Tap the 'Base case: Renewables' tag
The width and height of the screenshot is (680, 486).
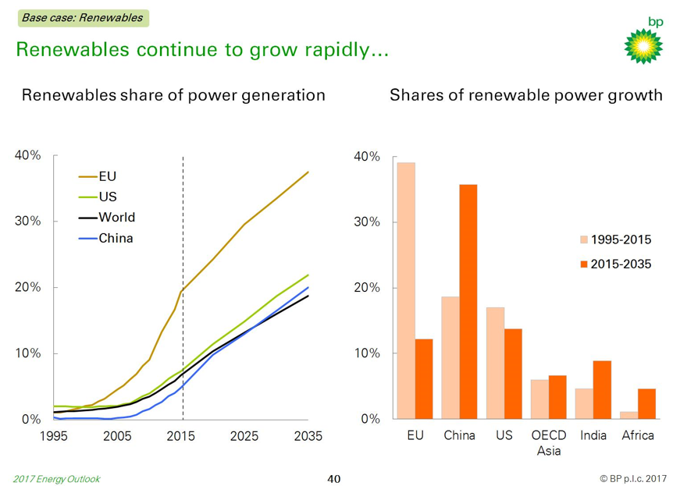pos(83,17)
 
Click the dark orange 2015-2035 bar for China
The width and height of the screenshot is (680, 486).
pos(468,301)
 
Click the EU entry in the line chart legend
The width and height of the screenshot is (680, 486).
pos(107,176)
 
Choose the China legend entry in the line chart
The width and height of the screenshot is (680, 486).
pos(115,238)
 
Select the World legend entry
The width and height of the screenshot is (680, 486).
pos(116,218)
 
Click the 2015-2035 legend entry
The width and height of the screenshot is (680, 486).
pos(620,264)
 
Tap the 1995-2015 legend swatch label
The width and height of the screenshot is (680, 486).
pos(620,239)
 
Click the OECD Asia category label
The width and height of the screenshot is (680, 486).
pos(549,442)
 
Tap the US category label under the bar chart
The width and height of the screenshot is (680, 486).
pos(504,435)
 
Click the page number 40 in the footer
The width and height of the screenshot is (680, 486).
pos(334,478)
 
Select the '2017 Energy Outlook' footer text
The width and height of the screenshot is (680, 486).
pos(56,478)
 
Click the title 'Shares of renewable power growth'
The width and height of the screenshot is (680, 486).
pos(525,95)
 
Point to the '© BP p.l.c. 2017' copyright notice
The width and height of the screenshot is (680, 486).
pos(633,478)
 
